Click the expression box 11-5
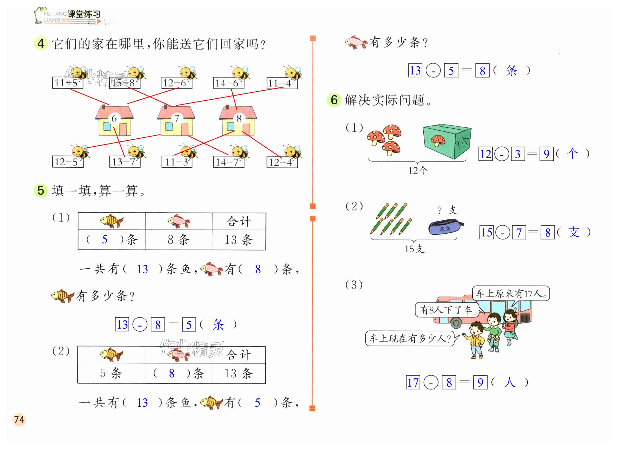tap(67, 83)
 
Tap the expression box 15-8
tap(125, 83)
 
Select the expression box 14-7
tap(228, 162)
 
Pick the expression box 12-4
tap(282, 162)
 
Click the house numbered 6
tap(114, 121)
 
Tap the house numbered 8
tap(238, 121)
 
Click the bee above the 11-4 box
tap(293, 73)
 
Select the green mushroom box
tap(446, 142)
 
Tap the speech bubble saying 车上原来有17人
tap(511, 293)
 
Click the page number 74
tap(19, 419)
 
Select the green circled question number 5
tap(41, 190)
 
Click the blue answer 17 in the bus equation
tap(413, 383)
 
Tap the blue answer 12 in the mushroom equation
tap(485, 154)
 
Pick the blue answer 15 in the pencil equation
tap(486, 233)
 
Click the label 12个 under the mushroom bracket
tap(418, 170)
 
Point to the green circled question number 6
tap(334, 100)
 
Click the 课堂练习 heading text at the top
tap(84, 14)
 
